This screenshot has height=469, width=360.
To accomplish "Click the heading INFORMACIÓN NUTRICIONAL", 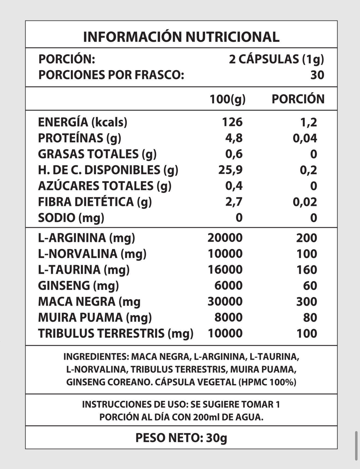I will point(181,37).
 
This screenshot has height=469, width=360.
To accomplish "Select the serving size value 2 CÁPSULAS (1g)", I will point(276,59).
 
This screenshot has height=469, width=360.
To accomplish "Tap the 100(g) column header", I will point(227,99).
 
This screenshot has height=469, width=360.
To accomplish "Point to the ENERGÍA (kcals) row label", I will point(83,122).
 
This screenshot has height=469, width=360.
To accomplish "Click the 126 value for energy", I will point(232,122).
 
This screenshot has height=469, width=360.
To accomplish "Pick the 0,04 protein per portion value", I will point(305,138).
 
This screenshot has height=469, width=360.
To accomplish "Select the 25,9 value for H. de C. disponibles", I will point(230,170).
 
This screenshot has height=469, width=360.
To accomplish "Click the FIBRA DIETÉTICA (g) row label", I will point(95,202).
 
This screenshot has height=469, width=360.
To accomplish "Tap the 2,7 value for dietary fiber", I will point(234,202).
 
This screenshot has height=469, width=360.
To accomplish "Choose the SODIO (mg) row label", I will point(71,218).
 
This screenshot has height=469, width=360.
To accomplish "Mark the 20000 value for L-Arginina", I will point(225,238).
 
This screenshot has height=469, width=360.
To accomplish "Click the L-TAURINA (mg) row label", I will point(84,270).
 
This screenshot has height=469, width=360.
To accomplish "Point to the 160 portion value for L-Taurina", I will point(307,270).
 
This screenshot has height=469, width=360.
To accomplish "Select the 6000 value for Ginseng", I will point(228,285).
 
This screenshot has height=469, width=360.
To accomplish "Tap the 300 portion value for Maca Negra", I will point(307,302).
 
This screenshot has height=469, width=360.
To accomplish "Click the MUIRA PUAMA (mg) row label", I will point(95,317).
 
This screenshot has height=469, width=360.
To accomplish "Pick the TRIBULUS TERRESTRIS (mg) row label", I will point(116,333).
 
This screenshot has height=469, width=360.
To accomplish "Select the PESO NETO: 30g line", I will point(181,438).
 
